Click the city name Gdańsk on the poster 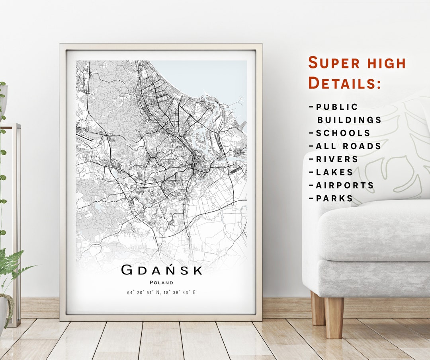(162, 270)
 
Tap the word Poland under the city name (161, 282)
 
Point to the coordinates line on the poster (161, 293)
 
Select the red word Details (344, 83)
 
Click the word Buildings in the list (349, 120)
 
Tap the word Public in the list (337, 107)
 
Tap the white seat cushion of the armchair (374, 231)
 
